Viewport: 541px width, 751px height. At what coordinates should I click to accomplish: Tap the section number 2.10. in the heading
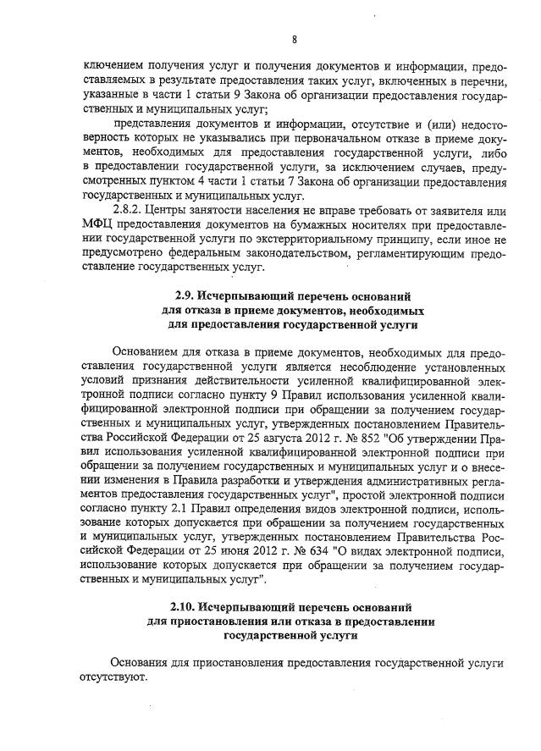tap(186, 607)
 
